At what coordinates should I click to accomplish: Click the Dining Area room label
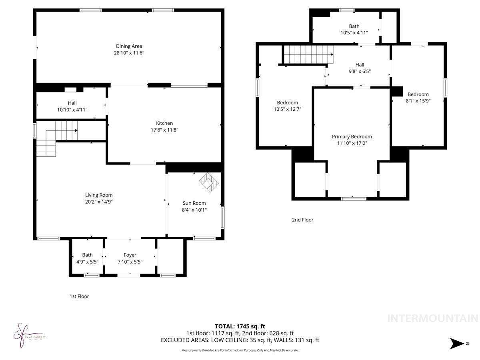click(x=129, y=46)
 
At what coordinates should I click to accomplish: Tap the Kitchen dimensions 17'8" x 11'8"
click(x=164, y=130)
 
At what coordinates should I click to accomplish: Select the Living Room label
click(x=99, y=195)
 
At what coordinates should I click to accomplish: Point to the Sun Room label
click(x=194, y=203)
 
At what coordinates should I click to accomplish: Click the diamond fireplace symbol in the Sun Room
click(x=210, y=182)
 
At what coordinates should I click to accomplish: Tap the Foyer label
click(x=130, y=255)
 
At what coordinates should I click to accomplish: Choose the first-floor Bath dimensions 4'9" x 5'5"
click(x=88, y=262)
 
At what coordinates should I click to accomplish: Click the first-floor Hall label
click(x=72, y=103)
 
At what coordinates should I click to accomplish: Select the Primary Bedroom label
click(x=352, y=136)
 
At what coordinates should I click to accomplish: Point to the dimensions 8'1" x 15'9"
click(x=418, y=101)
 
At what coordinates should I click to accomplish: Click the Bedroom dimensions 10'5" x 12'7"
click(x=287, y=109)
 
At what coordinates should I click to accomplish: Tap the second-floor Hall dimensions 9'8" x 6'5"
click(x=360, y=71)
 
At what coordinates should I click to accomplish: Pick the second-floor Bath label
click(x=354, y=26)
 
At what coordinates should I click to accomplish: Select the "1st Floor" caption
click(x=79, y=296)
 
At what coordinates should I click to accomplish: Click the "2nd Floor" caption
click(x=303, y=220)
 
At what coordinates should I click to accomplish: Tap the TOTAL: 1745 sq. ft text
click(x=240, y=326)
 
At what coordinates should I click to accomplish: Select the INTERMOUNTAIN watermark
click(x=433, y=318)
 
